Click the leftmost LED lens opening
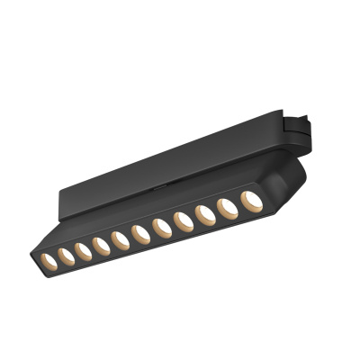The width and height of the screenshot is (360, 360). [46, 260]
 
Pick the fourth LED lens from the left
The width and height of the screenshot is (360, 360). [101, 244]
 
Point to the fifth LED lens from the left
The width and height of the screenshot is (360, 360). [120, 238]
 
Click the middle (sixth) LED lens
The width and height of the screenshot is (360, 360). [140, 233]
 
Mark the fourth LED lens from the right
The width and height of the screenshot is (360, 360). [183, 220]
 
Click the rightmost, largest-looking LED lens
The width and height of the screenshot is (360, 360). [250, 200]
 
